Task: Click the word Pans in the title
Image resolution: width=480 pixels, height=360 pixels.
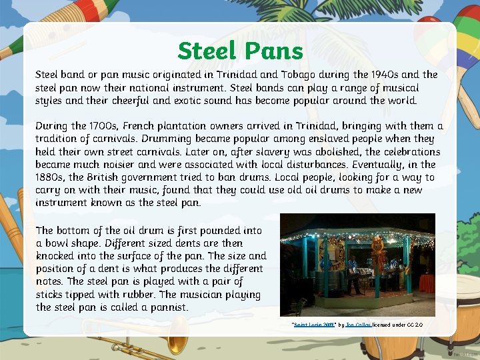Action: click(x=274, y=51)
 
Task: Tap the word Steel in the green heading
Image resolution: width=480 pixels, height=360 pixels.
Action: click(x=207, y=51)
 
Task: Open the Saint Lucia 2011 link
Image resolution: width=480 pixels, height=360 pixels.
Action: click(x=313, y=325)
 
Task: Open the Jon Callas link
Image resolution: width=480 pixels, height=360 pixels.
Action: click(x=358, y=325)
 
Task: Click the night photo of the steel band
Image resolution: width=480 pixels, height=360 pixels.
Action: click(x=357, y=265)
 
